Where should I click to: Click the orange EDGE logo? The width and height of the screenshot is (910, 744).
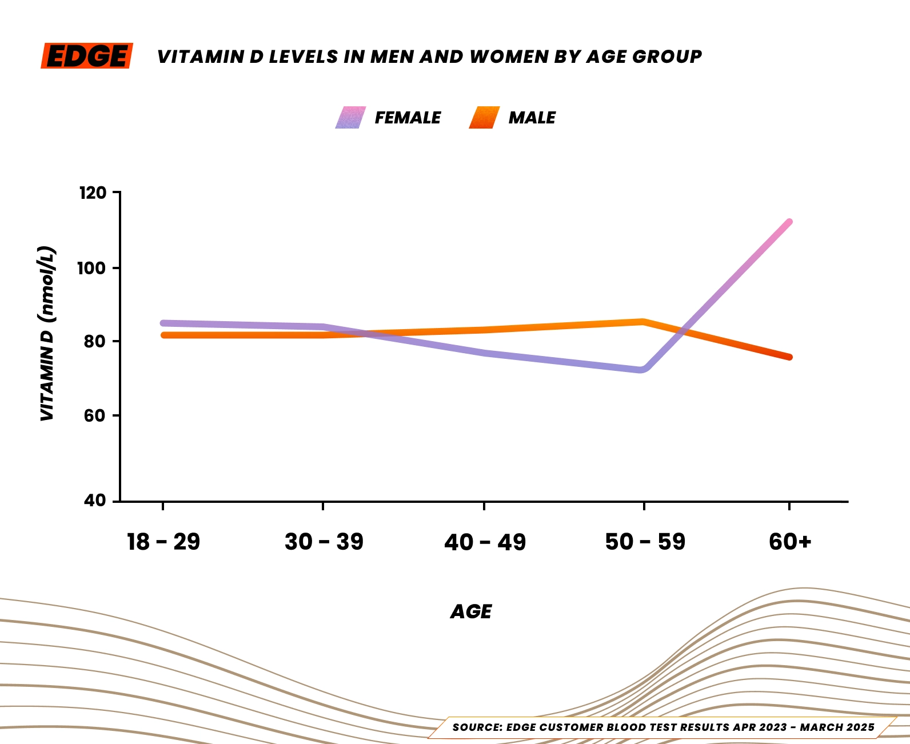(87, 56)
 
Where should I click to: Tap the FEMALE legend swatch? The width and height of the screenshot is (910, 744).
(350, 118)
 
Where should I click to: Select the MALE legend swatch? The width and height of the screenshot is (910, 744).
(484, 118)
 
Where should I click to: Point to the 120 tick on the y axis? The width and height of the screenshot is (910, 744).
(92, 193)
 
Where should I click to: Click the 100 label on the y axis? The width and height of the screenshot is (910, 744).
(92, 268)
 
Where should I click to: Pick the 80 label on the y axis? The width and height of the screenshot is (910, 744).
(95, 342)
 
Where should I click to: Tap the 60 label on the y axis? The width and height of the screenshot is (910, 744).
(95, 416)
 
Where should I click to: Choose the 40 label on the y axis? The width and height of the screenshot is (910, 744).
(95, 501)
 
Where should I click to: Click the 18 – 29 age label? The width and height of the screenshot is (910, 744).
(163, 542)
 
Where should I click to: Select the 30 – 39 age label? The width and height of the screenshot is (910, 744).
(324, 542)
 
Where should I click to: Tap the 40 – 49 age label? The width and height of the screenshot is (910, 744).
(485, 542)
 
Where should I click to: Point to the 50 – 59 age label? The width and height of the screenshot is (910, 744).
(645, 542)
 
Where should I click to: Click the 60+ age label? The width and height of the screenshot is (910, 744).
(790, 542)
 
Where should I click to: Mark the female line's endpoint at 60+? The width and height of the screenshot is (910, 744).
(789, 222)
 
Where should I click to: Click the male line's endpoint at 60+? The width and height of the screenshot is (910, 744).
(789, 357)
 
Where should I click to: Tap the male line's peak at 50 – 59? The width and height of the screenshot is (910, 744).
(643, 322)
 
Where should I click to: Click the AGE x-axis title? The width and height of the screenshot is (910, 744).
(471, 612)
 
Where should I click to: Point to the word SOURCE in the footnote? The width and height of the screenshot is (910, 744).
(477, 727)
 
